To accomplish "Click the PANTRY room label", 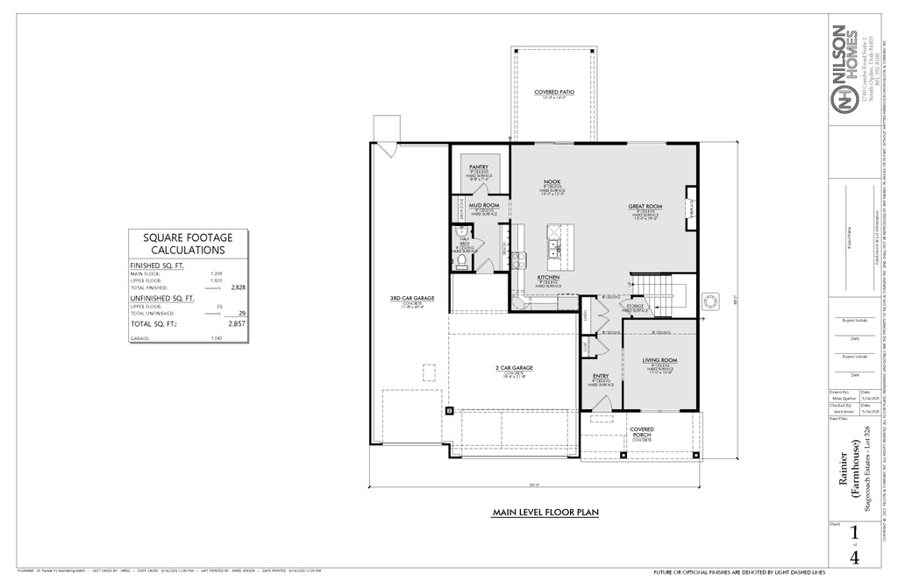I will (x=479, y=167).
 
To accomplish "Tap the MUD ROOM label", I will (x=484, y=205).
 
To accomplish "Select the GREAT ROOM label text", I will (x=645, y=207).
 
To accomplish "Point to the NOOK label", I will (x=552, y=181).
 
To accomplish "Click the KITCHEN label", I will (x=549, y=277).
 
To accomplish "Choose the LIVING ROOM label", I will (x=660, y=360).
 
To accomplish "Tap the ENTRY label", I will (x=600, y=375).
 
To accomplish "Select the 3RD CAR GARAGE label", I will (x=412, y=299).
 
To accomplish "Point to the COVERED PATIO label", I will (x=554, y=92).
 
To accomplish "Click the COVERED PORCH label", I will (x=641, y=432).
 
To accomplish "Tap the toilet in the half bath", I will (x=460, y=259).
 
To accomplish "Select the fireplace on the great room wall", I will (x=690, y=202).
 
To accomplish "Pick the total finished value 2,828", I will (x=238, y=287).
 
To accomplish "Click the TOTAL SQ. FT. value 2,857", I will (x=236, y=324).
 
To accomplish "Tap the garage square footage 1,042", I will (x=217, y=338).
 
